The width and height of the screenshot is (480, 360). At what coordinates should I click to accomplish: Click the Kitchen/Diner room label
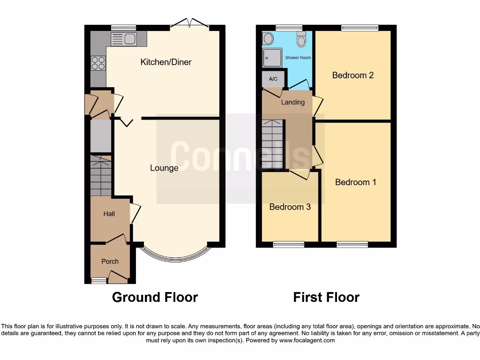click(166, 62)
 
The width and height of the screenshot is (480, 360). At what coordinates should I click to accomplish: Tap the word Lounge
click(164, 168)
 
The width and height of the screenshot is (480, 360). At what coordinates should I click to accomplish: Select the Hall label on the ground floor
click(109, 214)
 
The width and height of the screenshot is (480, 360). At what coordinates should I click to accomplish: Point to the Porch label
click(110, 262)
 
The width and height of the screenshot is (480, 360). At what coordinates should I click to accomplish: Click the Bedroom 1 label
click(355, 182)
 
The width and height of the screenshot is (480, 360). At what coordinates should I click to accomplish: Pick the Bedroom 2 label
click(352, 75)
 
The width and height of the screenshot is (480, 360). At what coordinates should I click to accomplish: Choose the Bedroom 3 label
click(290, 207)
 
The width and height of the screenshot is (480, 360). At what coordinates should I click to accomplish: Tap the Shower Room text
click(298, 58)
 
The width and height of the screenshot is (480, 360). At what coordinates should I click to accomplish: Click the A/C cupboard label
click(273, 79)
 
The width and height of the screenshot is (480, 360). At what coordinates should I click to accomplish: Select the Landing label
click(293, 102)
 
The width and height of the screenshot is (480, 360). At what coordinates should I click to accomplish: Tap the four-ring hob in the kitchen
click(98, 63)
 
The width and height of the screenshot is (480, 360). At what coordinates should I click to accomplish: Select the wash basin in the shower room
click(268, 38)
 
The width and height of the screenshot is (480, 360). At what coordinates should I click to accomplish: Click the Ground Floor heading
click(155, 297)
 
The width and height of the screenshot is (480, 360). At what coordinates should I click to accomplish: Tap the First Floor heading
click(326, 297)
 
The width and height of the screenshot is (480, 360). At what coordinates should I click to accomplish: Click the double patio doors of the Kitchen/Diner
click(189, 23)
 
